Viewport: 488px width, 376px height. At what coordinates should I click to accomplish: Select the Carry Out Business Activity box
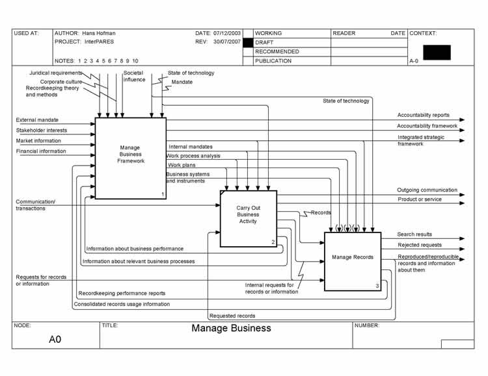[x=248, y=218]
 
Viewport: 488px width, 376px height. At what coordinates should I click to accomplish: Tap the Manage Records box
[x=353, y=260]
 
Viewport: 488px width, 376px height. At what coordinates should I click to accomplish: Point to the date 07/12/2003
[x=226, y=33]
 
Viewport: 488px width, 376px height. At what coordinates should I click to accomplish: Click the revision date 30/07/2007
[x=226, y=42]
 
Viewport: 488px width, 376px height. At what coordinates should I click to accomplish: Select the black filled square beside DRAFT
[x=247, y=42]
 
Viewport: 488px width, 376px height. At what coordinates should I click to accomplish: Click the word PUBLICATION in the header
[x=273, y=61]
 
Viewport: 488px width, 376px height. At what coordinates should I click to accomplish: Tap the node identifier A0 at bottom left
[x=55, y=339]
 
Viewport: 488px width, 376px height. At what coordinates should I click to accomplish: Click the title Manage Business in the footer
[x=231, y=328]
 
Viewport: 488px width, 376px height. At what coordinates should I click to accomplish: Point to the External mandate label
[x=37, y=120]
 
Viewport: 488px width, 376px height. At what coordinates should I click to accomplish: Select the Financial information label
[x=41, y=151]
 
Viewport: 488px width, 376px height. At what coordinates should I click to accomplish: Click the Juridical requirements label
[x=56, y=73]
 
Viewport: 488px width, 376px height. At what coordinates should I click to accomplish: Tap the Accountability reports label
[x=423, y=116]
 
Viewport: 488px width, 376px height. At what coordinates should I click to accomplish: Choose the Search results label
[x=414, y=234]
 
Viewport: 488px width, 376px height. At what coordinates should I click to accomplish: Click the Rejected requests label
[x=420, y=245]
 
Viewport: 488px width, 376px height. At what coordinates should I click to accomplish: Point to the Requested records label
[x=232, y=316]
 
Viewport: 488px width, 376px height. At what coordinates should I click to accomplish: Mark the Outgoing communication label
[x=427, y=190]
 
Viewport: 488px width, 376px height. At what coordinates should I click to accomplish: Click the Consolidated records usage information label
[x=122, y=304]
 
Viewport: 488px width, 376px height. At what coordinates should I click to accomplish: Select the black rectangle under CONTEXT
[x=436, y=52]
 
